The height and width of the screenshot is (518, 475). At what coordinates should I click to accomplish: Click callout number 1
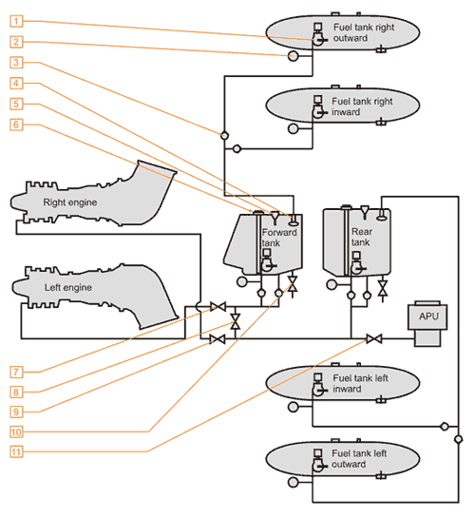(x=16, y=21)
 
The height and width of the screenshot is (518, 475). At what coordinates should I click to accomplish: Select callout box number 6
(x=16, y=125)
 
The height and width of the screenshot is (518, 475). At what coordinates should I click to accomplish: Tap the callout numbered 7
(x=16, y=372)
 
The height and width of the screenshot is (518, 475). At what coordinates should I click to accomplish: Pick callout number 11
(x=16, y=451)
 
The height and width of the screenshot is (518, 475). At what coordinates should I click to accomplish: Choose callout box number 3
(x=16, y=62)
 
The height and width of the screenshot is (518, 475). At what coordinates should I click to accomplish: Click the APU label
(x=428, y=317)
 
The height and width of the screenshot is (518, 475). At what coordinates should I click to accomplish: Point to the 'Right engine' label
(x=70, y=202)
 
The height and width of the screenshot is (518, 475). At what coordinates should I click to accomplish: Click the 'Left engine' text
(x=68, y=287)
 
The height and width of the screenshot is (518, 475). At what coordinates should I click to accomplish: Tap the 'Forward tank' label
(x=279, y=238)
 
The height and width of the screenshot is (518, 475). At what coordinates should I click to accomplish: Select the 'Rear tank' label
(x=361, y=237)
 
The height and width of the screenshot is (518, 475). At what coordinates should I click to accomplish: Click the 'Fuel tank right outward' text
(x=364, y=32)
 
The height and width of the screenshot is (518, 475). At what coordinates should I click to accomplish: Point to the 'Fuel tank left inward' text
(x=360, y=383)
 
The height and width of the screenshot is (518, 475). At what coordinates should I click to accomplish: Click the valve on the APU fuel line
(x=374, y=338)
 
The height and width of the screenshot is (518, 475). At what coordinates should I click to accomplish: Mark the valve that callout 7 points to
(x=218, y=307)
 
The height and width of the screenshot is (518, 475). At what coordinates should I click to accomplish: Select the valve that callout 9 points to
(x=218, y=339)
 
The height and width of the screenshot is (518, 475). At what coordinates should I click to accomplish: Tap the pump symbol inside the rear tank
(x=356, y=263)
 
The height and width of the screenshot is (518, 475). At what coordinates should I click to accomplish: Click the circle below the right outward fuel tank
(x=294, y=55)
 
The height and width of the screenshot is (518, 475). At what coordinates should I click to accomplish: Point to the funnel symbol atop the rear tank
(x=365, y=212)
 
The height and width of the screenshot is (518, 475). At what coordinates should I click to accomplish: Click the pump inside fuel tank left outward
(x=318, y=460)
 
